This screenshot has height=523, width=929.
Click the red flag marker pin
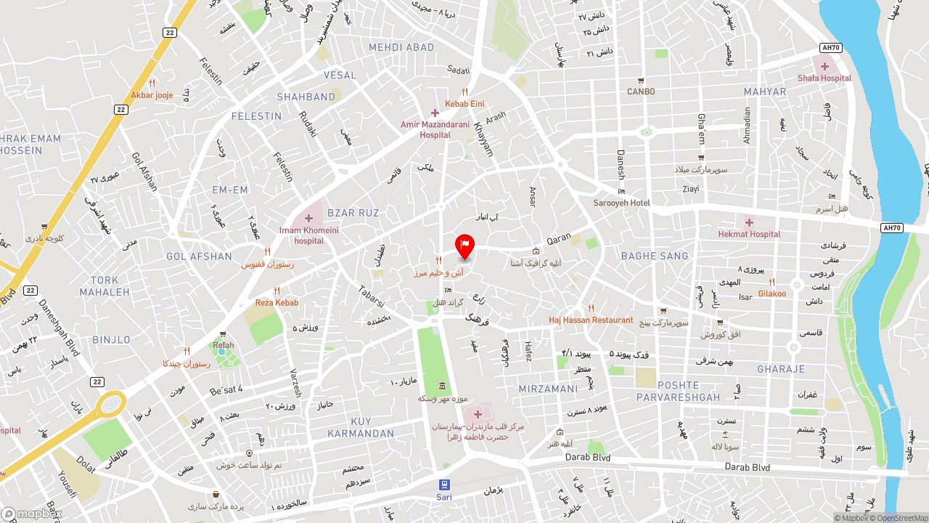point(464,246)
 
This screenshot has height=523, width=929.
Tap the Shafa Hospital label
point(824,78)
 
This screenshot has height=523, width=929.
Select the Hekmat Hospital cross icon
point(749,222)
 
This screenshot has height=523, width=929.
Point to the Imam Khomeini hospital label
point(309,235)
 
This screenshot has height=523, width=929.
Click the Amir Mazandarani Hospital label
point(435,129)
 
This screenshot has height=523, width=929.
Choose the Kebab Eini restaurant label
point(464,104)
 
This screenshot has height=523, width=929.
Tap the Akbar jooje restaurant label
point(152,95)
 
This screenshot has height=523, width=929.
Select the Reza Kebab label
point(277,302)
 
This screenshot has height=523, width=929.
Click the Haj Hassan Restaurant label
point(591,320)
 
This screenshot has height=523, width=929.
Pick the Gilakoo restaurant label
point(772,293)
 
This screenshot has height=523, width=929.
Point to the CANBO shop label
point(641,92)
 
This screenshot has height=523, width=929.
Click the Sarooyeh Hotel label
point(622,203)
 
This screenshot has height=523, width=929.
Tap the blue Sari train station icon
point(444,485)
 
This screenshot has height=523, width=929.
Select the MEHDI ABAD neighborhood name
point(401,47)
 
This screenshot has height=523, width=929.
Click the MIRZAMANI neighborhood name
point(548,389)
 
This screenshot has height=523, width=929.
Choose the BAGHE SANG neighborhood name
point(655,256)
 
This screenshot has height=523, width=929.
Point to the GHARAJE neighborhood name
point(781,369)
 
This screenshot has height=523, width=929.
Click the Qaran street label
point(559,238)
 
